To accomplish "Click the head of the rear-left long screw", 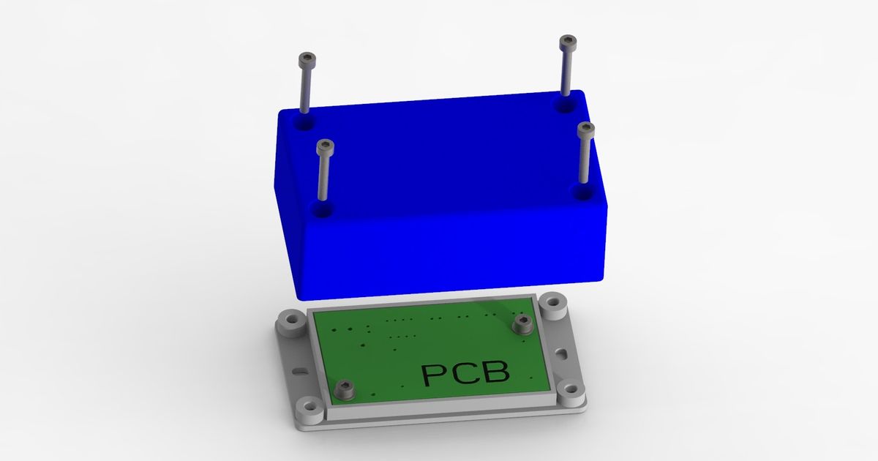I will coord(307,59).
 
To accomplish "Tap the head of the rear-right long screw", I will coord(568,41).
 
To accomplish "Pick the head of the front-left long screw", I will coord(324,146).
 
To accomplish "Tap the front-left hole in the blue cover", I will coord(321,210).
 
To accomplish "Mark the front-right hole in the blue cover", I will coord(582,193).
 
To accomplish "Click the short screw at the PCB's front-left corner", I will coord(344,390).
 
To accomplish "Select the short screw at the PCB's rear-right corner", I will coord(522,324).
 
